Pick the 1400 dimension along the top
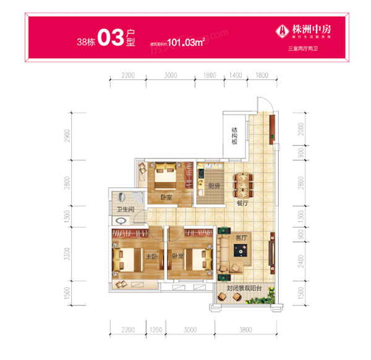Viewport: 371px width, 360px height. (x=234, y=75)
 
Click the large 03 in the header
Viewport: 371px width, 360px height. (x=111, y=38)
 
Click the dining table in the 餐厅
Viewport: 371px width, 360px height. (x=243, y=184)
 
